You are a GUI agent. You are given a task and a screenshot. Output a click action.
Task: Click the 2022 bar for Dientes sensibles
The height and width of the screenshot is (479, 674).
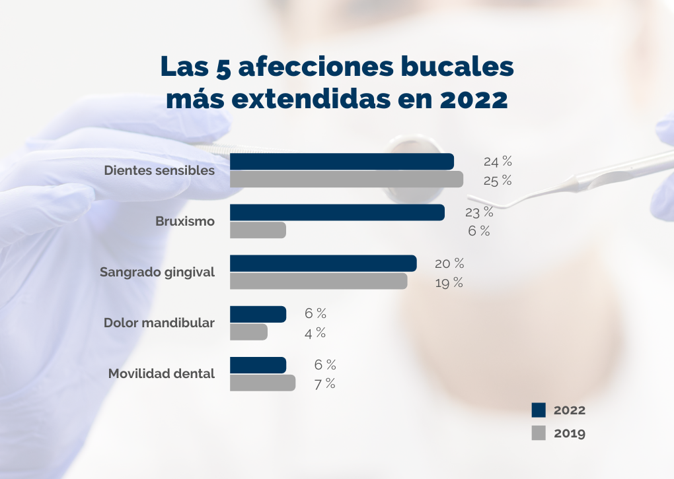pyautogui.click(x=342, y=162)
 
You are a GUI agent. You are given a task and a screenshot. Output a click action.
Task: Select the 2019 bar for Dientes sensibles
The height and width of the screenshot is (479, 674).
pyautogui.click(x=346, y=179)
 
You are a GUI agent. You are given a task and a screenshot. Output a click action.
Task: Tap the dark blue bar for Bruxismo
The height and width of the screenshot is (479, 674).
pyautogui.click(x=337, y=212)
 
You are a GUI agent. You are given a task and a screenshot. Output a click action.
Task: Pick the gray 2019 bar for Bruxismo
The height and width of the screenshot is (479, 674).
pyautogui.click(x=258, y=230)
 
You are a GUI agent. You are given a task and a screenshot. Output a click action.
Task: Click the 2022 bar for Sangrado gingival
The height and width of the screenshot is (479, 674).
pyautogui.click(x=323, y=263)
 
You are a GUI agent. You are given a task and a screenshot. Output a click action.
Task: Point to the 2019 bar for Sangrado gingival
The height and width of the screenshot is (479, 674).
pyautogui.click(x=318, y=281)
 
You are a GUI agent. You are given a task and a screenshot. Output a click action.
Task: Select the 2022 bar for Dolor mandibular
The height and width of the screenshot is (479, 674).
pyautogui.click(x=258, y=314)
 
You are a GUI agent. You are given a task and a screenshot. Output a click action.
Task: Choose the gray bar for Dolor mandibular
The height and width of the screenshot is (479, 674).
pyautogui.click(x=248, y=332)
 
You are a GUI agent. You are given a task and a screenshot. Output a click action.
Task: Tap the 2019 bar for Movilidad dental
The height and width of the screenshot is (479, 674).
pyautogui.click(x=262, y=383)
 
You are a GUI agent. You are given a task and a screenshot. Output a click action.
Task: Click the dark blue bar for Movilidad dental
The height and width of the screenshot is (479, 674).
pyautogui.click(x=258, y=365)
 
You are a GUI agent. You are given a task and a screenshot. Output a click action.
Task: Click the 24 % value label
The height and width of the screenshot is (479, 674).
pyautogui.click(x=498, y=162)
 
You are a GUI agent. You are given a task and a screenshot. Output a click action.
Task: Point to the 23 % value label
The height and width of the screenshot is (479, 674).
pyautogui.click(x=479, y=212)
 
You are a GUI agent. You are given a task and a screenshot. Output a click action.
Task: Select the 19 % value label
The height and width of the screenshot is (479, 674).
pyautogui.click(x=449, y=282)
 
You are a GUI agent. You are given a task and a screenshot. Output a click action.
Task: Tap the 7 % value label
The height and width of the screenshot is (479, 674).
pyautogui.click(x=324, y=383)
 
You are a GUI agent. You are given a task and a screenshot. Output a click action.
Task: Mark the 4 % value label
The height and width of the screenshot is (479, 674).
pyautogui.click(x=315, y=333)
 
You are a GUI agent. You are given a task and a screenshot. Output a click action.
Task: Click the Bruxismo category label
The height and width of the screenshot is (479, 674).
pyautogui.click(x=185, y=222)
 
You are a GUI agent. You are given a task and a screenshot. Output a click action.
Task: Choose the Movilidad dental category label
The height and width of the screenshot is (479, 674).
pyautogui.click(x=161, y=374)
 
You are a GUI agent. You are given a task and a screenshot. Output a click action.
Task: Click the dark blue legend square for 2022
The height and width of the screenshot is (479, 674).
pyautogui.click(x=539, y=410)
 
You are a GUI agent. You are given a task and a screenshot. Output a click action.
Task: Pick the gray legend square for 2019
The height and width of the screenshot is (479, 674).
pyautogui.click(x=539, y=433)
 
